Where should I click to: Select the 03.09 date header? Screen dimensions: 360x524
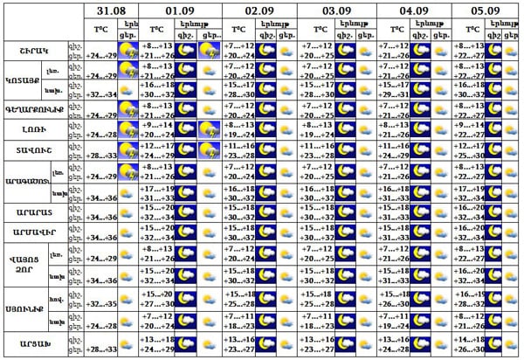(x=336, y=10)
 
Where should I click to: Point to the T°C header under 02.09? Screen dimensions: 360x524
(x=240, y=29)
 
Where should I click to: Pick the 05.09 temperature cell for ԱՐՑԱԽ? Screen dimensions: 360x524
(x=468, y=344)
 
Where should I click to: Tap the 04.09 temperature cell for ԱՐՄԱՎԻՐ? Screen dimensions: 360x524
(x=395, y=231)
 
